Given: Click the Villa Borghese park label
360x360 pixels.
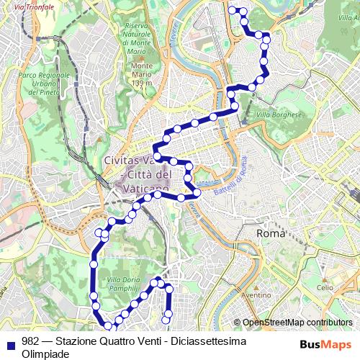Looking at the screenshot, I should tap(277, 114).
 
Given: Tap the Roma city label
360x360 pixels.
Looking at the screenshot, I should tap(271, 234).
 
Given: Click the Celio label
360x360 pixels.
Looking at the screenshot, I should tap(325, 287).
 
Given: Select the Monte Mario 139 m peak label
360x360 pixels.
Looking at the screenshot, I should tap(143, 75).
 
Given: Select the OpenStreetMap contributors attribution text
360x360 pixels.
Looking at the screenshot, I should tap(297, 323).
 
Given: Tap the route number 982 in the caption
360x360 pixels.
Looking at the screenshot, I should tap(30, 341).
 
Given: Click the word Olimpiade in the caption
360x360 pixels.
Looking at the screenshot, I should tap(45, 354).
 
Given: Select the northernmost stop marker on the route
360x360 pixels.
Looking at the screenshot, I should tap(232, 10).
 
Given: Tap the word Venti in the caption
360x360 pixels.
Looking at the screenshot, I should tap(152, 341).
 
